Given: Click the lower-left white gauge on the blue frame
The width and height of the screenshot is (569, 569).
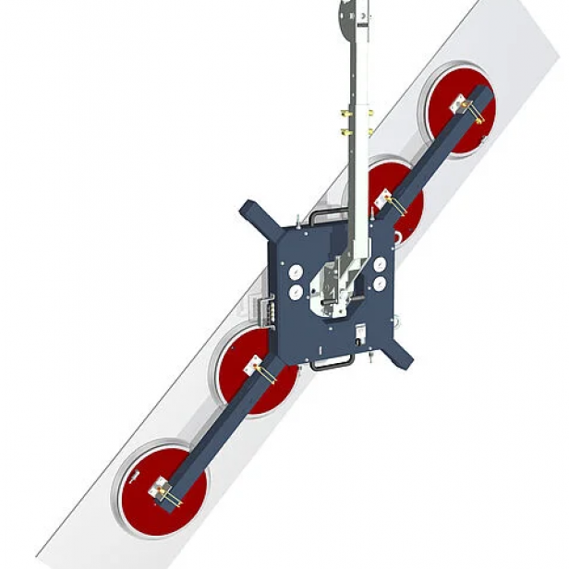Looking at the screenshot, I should coord(295,292).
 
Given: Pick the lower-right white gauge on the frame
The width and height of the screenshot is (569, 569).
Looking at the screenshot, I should coord(380,283).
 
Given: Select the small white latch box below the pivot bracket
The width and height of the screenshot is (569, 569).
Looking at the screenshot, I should coord(360,333).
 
